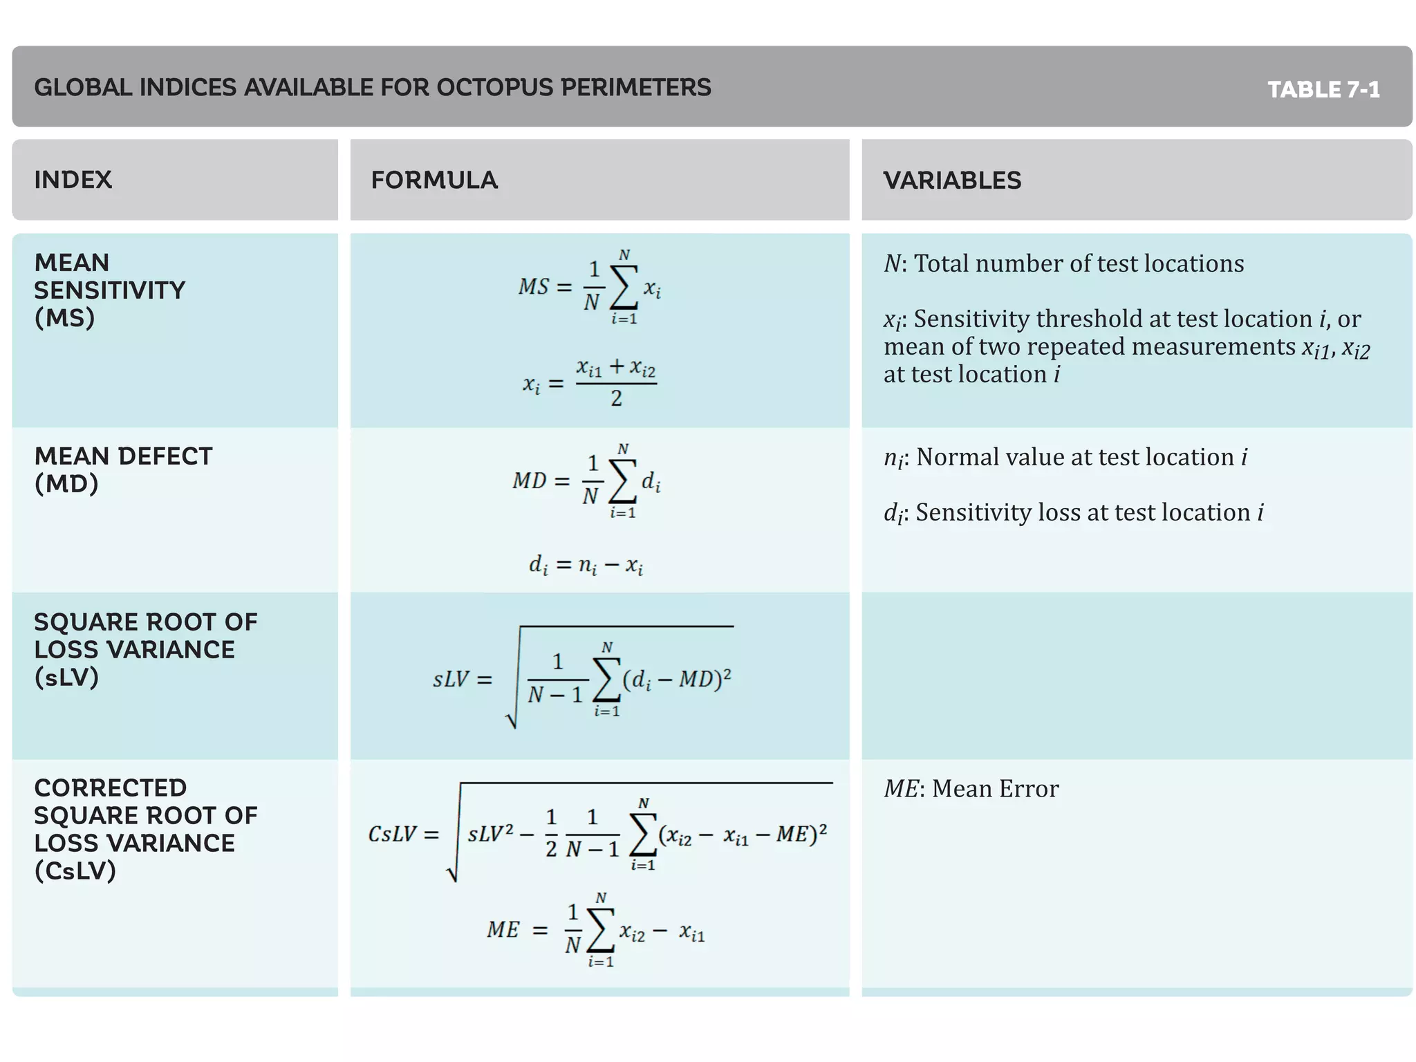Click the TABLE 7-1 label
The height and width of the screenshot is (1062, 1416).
(1323, 90)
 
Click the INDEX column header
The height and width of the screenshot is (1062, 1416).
(73, 180)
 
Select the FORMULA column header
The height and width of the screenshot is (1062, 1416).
(434, 180)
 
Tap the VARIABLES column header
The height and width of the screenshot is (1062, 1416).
(952, 180)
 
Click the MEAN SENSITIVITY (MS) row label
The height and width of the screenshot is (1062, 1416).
(109, 290)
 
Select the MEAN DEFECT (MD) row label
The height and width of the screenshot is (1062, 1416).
(123, 469)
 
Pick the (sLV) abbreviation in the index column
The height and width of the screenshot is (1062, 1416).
(66, 677)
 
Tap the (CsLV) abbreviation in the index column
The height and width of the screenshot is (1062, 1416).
(75, 870)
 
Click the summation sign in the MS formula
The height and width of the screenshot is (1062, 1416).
(624, 288)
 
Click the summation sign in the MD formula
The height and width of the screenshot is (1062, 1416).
(622, 481)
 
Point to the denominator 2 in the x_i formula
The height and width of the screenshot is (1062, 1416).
(616, 398)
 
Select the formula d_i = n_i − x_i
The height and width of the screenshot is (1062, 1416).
(586, 566)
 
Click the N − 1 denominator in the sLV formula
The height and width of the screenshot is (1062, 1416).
(555, 695)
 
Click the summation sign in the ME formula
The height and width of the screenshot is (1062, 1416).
(600, 931)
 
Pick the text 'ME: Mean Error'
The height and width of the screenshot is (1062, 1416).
(971, 789)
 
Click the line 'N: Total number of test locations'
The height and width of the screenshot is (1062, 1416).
(1063, 263)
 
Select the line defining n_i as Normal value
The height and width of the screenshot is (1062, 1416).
(1065, 458)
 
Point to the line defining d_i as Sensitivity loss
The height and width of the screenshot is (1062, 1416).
(1073, 513)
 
